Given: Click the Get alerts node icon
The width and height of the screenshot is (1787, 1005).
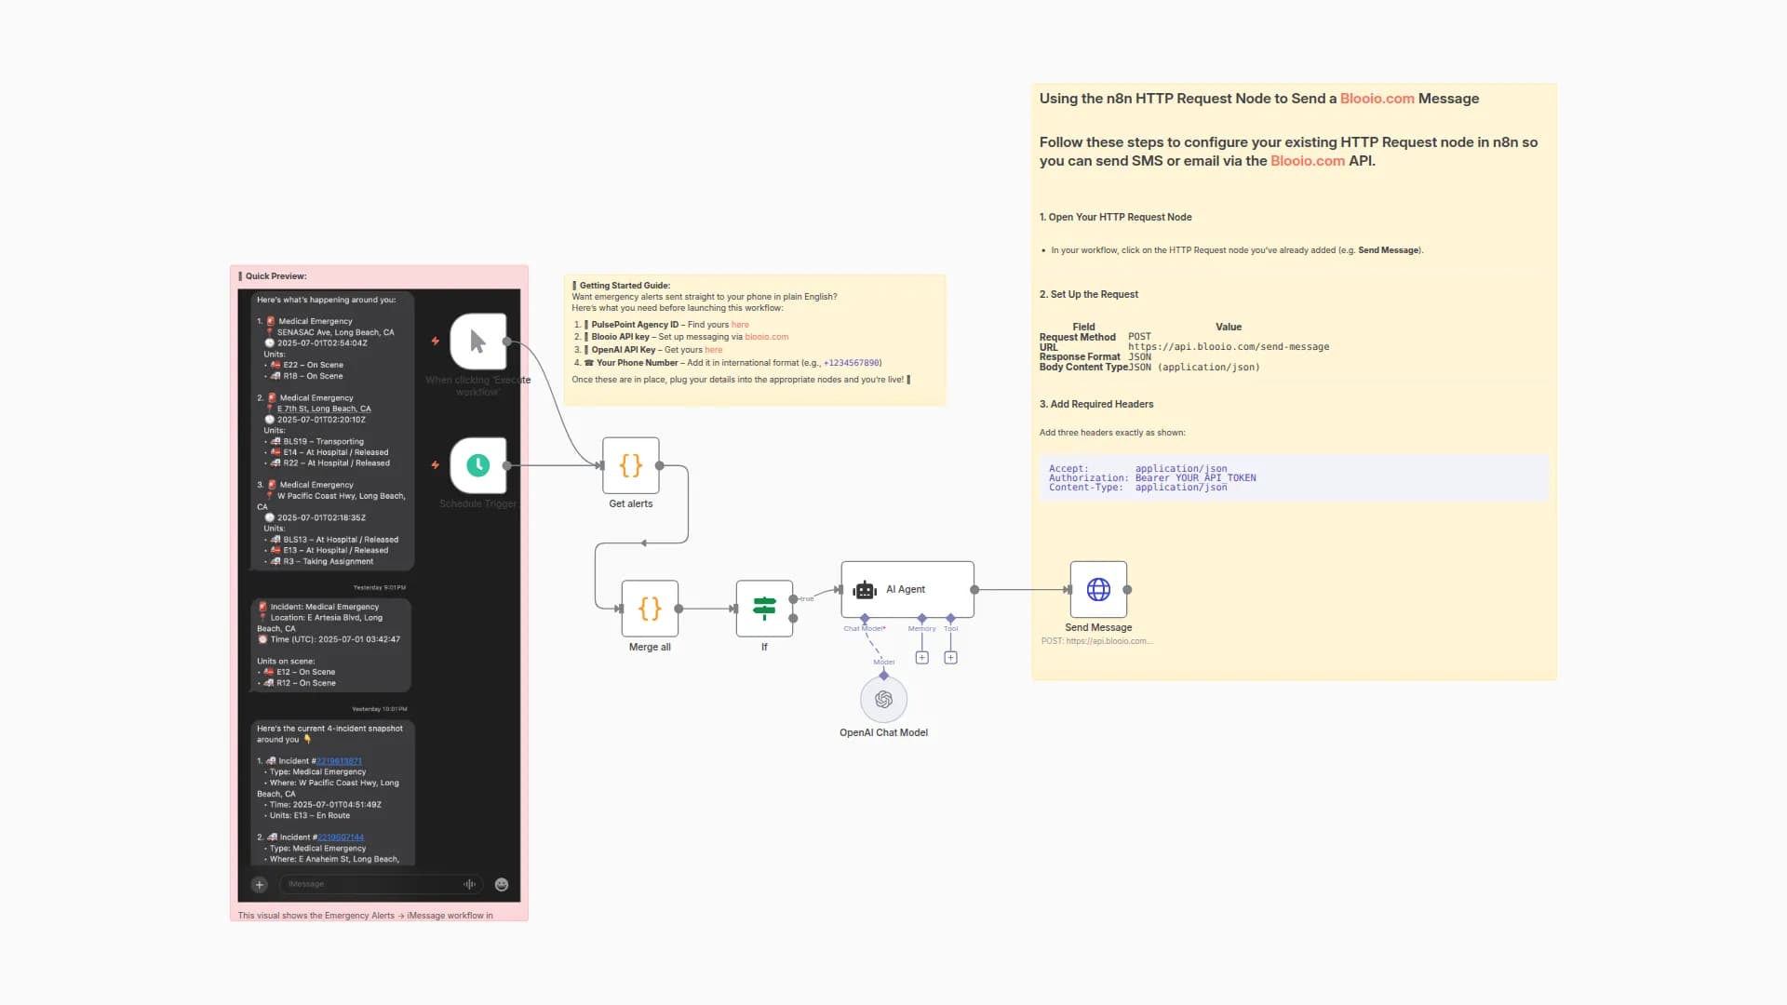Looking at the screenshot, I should (631, 465).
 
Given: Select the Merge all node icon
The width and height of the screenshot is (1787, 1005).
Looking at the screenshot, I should (650, 609).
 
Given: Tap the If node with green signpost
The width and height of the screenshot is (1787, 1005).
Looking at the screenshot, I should (764, 609).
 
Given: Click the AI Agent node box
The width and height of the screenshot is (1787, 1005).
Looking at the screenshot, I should (907, 589).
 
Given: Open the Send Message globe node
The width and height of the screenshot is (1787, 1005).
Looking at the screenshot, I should (1098, 589).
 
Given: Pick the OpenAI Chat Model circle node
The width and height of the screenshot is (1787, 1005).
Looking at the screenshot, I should (883, 699).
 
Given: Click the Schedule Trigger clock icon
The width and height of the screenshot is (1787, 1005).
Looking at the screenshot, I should (477, 465).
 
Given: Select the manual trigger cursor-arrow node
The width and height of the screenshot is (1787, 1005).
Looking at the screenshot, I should (477, 342).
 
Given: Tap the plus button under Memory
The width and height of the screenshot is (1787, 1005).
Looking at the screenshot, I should (921, 658).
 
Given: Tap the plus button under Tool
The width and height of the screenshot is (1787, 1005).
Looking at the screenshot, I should (950, 658).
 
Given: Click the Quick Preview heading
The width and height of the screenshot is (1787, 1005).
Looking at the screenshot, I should (275, 276).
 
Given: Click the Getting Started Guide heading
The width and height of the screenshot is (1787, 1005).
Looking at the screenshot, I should (624, 286).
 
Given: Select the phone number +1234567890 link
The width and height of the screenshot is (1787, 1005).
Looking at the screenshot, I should (852, 363).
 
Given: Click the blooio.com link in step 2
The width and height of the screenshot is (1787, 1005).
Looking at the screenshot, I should (766, 337).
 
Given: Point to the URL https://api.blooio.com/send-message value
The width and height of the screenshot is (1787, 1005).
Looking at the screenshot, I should (1229, 347).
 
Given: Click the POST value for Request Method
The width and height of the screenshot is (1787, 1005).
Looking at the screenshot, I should (1139, 337).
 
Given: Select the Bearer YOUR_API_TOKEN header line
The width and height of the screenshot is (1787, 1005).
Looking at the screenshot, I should (1195, 478).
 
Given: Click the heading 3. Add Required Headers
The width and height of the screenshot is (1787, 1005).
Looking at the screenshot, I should (1096, 404).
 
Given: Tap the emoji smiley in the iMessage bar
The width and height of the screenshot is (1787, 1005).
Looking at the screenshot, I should (502, 885).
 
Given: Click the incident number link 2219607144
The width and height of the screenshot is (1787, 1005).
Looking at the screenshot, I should (341, 837).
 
